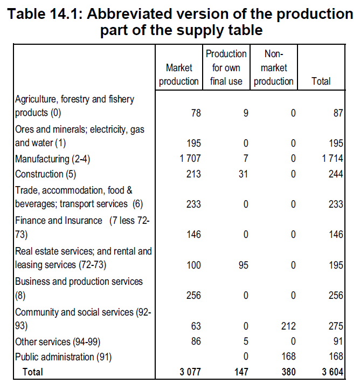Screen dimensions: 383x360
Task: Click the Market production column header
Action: [179, 74]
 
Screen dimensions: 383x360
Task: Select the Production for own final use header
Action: [226, 67]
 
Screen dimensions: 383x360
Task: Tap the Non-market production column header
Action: [274, 67]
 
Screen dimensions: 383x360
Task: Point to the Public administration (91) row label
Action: [56, 357]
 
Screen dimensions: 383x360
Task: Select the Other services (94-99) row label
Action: [50, 342]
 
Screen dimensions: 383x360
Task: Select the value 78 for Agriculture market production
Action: [196, 113]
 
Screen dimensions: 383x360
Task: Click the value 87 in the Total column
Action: [338, 113]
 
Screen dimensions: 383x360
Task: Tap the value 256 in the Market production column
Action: [193, 296]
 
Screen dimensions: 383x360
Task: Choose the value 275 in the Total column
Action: [335, 325]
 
